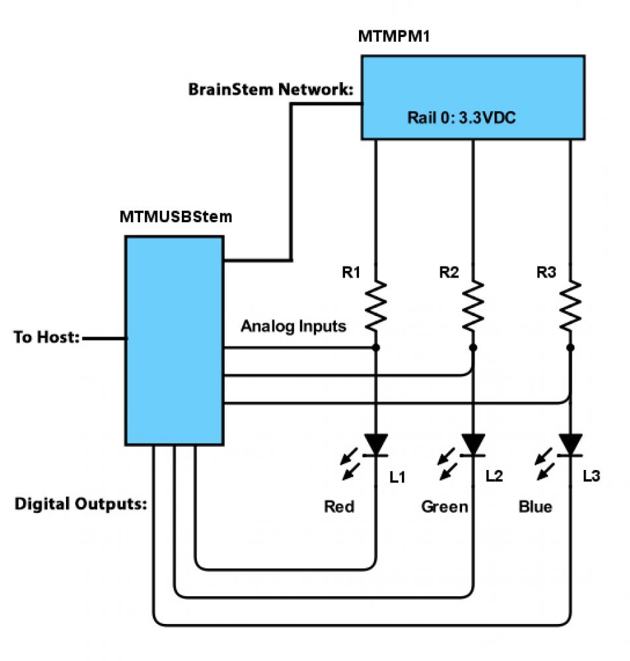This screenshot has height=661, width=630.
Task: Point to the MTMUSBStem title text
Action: (176, 217)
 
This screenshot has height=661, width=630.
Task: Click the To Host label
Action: (47, 338)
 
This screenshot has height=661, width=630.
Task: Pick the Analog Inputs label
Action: (293, 326)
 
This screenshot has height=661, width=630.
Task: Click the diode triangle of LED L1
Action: (376, 444)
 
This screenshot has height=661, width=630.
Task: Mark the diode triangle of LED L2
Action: (473, 444)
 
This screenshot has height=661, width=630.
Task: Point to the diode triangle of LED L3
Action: (571, 444)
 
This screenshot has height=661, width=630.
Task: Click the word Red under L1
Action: (339, 507)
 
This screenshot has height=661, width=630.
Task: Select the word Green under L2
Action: (445, 507)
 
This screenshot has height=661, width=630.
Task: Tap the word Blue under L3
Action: (535, 507)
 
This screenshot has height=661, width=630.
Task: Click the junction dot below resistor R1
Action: (376, 347)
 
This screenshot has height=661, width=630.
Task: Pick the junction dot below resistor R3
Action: (571, 347)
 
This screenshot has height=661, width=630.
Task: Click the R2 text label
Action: (448, 272)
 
